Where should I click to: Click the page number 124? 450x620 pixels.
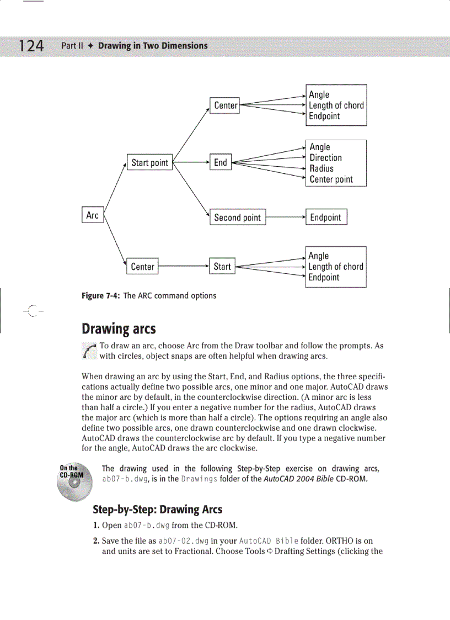[x=31, y=45]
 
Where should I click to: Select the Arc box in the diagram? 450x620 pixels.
[x=93, y=215]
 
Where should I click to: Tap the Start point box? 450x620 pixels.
[x=149, y=163]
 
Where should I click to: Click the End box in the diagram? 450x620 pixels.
[x=221, y=162]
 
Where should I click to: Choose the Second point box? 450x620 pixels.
[x=237, y=218]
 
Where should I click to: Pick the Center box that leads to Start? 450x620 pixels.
[x=142, y=267]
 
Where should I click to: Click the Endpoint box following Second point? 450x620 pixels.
[x=326, y=217]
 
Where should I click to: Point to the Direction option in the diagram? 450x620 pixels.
[x=326, y=158]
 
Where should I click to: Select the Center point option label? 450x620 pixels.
[x=331, y=179]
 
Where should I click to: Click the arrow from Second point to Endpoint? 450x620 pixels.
[x=286, y=218]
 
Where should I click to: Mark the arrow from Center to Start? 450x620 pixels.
[x=183, y=267]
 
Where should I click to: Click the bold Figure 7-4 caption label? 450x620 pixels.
[x=101, y=296]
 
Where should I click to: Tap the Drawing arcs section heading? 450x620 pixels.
[x=119, y=330]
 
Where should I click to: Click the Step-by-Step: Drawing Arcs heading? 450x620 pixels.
[x=157, y=509]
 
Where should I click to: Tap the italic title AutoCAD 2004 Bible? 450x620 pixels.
[x=299, y=479]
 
